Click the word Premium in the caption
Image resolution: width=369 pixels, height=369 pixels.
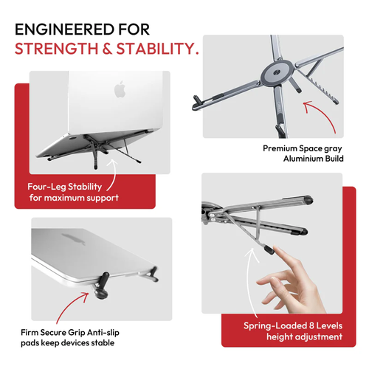pyautogui.click(x=280, y=148)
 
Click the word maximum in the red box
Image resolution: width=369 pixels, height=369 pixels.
pyautogui.click(x=83, y=199)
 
